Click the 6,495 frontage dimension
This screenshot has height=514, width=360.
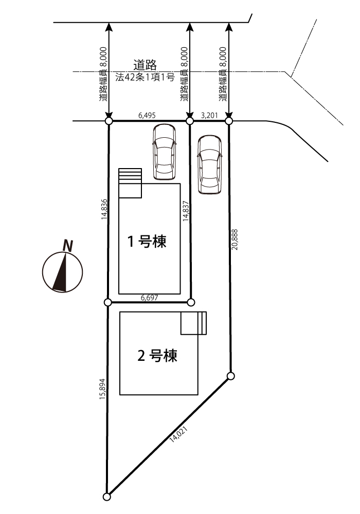(147, 115)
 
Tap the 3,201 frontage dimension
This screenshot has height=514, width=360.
(209, 115)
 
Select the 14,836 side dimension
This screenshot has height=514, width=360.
(104, 209)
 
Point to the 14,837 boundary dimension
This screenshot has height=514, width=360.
(186, 211)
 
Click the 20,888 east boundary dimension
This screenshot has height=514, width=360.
(235, 240)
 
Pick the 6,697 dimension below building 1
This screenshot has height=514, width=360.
(149, 298)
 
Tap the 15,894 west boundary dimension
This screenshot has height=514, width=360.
(103, 390)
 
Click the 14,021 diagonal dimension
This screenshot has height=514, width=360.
(178, 435)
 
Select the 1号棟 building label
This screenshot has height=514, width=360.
(147, 242)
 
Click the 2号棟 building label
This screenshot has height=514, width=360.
(157, 356)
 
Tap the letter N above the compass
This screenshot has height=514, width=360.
(68, 246)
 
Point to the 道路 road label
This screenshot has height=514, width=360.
(145, 65)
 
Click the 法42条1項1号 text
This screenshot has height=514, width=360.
(145, 78)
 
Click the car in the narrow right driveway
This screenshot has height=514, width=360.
(209, 165)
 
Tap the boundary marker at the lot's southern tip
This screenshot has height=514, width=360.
(106, 497)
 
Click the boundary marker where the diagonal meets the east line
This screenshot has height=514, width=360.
(231, 376)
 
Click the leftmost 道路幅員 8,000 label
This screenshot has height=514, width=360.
(103, 74)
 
